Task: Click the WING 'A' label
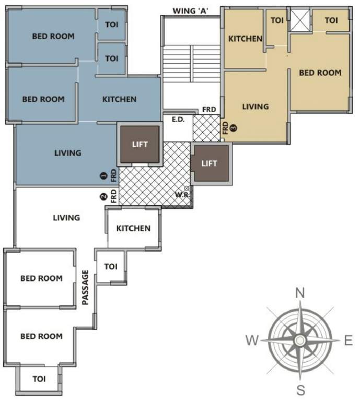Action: point(191,10)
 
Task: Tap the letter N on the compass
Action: point(300,293)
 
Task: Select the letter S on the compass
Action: point(300,389)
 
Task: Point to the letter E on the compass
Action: point(348,341)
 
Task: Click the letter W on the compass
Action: point(252,341)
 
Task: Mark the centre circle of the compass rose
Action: point(300,340)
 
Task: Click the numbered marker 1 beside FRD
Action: point(103,176)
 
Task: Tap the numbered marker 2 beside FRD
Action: point(103,197)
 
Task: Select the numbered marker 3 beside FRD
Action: point(234,127)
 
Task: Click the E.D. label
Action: point(176,120)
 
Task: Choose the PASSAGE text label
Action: point(85,287)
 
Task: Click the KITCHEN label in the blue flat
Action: point(119,99)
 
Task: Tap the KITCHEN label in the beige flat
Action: point(245,39)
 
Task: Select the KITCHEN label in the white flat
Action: point(133,228)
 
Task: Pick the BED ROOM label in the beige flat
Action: point(320,73)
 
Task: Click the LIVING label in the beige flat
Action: point(256,107)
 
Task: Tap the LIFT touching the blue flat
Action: point(140,144)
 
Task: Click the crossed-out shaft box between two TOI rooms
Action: point(300,20)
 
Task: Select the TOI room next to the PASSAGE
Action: point(111,266)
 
